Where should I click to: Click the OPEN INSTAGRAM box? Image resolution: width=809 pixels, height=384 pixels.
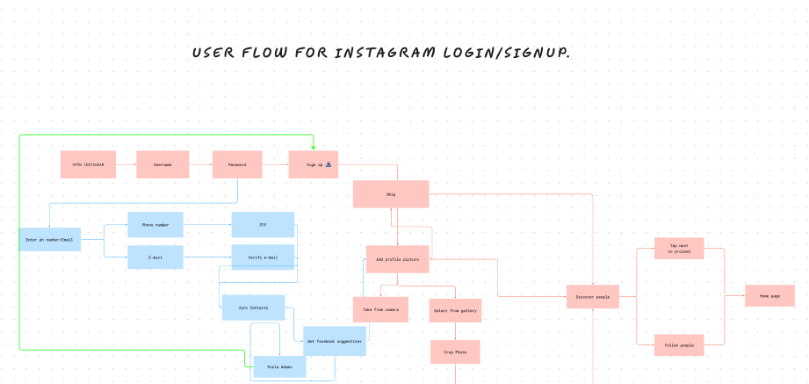(x=88, y=164)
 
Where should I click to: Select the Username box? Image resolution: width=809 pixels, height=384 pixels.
(x=163, y=164)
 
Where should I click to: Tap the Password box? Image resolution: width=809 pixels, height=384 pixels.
(x=237, y=164)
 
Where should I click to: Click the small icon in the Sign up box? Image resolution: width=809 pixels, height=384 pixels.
(x=329, y=164)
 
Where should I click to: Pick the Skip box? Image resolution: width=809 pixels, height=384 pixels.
(x=390, y=194)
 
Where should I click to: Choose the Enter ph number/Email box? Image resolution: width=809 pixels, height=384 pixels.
(x=49, y=239)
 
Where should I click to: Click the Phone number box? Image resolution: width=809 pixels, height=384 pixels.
(x=155, y=225)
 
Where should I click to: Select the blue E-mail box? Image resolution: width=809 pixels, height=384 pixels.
(x=155, y=257)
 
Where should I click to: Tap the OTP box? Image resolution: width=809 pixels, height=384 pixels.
(x=263, y=225)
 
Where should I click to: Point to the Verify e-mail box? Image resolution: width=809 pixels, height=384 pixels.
(x=263, y=257)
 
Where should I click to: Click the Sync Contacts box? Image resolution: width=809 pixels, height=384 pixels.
(x=253, y=308)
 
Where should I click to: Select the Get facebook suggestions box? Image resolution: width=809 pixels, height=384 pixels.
(x=334, y=340)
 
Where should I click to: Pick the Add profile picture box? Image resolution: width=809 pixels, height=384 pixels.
(x=397, y=259)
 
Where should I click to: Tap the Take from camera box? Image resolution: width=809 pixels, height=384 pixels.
(x=380, y=309)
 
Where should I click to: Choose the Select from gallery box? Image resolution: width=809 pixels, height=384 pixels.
(x=455, y=310)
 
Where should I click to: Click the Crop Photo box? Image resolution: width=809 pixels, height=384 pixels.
(x=455, y=351)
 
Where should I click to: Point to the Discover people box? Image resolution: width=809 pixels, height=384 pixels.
(x=592, y=297)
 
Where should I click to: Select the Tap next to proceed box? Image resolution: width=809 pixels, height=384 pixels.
(x=679, y=249)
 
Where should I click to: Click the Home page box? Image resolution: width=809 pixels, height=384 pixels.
(x=769, y=296)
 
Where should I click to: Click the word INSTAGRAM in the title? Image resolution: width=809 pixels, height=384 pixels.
(x=385, y=53)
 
